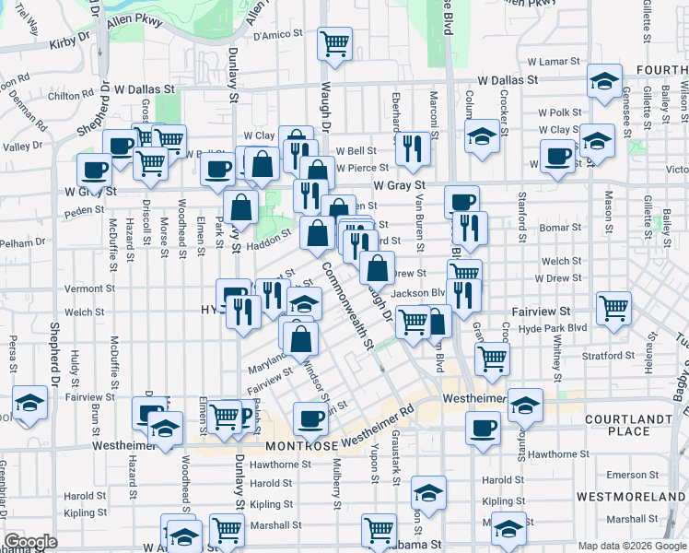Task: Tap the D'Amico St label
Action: pyautogui.click(x=278, y=35)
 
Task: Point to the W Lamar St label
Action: pyautogui.click(x=554, y=61)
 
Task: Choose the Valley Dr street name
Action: pyautogui.click(x=23, y=146)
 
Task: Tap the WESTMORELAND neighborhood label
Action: pyautogui.click(x=629, y=497)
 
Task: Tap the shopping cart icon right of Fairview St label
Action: pyautogui.click(x=613, y=309)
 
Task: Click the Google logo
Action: pyautogui.click(x=30, y=542)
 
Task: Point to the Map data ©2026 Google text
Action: pyautogui.click(x=631, y=546)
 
